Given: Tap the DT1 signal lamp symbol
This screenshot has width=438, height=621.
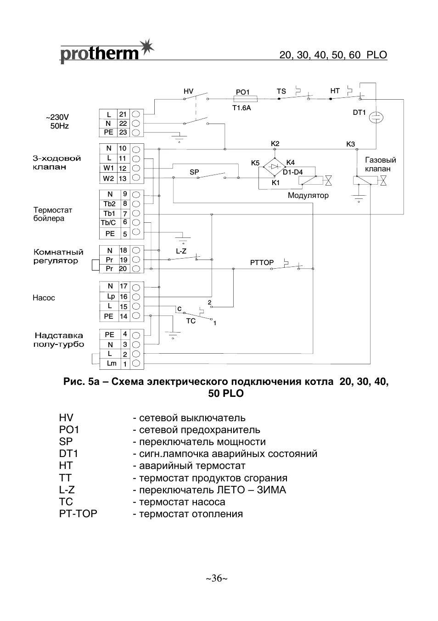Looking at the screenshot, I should point(376,118).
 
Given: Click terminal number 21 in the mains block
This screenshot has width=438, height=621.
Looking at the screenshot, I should point(123,114).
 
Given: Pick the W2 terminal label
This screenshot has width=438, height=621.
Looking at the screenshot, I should point(108,178).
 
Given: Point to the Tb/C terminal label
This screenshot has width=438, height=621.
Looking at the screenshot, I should point(108,223).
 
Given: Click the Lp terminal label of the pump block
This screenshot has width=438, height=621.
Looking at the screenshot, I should point(111,296).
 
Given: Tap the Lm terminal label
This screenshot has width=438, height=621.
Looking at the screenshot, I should point(111,363).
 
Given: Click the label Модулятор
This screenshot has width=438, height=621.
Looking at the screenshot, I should point(308,196).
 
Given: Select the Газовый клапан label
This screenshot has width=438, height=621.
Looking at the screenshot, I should point(380,164).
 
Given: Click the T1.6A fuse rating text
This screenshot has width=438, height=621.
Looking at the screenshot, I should point(241,108).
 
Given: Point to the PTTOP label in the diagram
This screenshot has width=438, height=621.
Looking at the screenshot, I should point(262,263).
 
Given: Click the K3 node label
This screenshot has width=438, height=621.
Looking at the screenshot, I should point(350,144).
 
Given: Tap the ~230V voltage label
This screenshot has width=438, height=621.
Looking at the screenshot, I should point(60,117).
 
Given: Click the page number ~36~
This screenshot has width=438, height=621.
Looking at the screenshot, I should point(217,578).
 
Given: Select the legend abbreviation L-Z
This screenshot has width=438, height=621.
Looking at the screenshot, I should point(67,490).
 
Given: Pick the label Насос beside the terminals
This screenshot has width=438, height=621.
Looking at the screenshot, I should point(44,298).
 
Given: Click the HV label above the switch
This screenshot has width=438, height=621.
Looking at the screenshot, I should point(188,91).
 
